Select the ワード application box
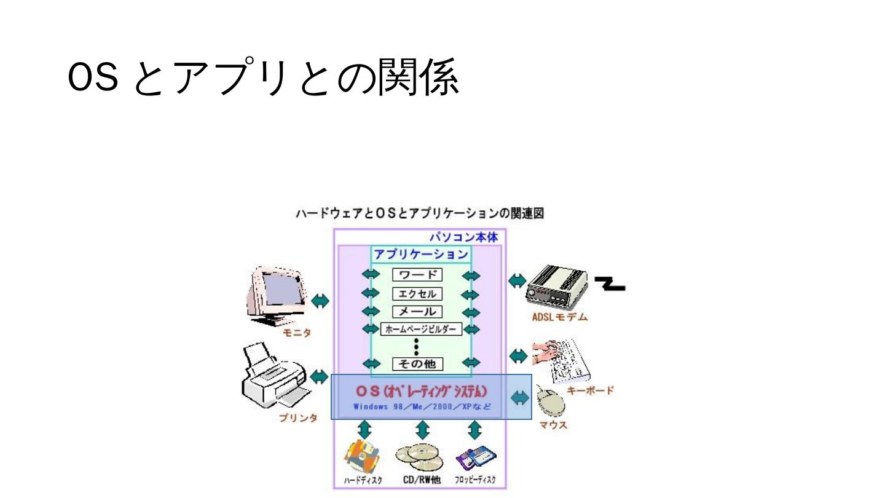pyautogui.click(x=417, y=275)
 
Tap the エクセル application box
pyautogui.click(x=417, y=294)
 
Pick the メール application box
pyautogui.click(x=417, y=312)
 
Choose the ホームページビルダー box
pyautogui.click(x=421, y=330)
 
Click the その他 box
pyautogui.click(x=417, y=364)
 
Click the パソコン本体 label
pyautogui.click(x=463, y=237)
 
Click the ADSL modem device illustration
pyautogui.click(x=556, y=287)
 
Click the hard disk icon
pyautogui.click(x=361, y=458)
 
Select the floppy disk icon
pyautogui.click(x=476, y=458)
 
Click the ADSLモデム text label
pyautogui.click(x=559, y=317)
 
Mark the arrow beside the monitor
pyautogui.click(x=320, y=301)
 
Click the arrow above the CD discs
pyautogui.click(x=422, y=429)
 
